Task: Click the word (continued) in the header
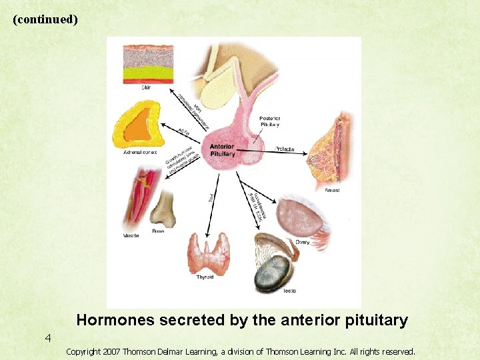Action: click(x=45, y=19)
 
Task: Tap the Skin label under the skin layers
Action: click(x=145, y=87)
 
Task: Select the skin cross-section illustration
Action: click(x=149, y=63)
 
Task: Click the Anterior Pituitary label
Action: click(x=222, y=150)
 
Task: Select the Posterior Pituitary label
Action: click(x=269, y=121)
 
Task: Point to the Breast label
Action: click(x=332, y=190)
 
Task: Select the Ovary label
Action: click(x=302, y=243)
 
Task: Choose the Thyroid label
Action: click(x=205, y=277)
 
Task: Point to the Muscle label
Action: click(x=131, y=235)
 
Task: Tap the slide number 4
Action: click(x=48, y=338)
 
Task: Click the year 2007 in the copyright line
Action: click(x=111, y=351)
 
